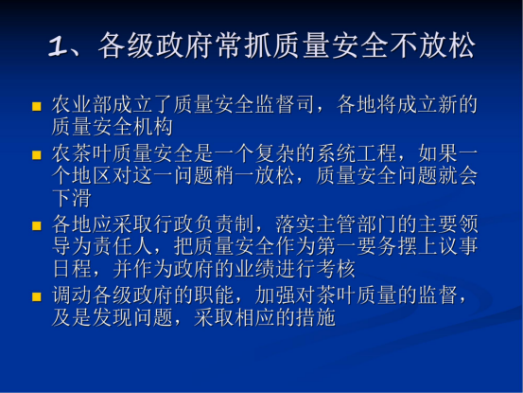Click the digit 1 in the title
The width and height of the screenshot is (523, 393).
tap(58, 45)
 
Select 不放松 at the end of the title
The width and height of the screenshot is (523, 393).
tap(432, 45)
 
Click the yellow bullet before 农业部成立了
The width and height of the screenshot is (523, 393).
tap(36, 106)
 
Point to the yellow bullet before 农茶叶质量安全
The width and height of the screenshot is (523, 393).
tap(36, 155)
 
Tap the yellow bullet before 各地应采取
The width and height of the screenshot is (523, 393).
tap(36, 226)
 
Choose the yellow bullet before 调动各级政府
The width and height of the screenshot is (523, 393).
tap(36, 296)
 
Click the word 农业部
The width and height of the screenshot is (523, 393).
tap(82, 104)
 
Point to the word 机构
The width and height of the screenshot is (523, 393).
tap(153, 127)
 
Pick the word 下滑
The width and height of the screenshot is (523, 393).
tap(72, 198)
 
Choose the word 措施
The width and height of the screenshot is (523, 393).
tap(316, 317)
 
